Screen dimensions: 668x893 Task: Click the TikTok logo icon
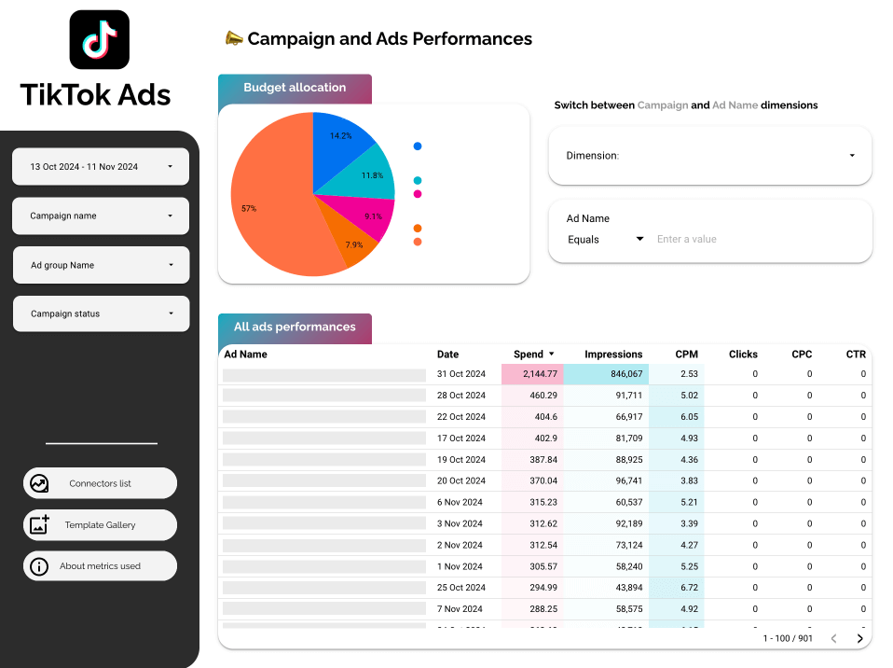(100, 39)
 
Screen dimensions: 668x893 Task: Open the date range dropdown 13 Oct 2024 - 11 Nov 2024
(101, 167)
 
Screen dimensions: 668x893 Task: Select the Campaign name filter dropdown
(101, 216)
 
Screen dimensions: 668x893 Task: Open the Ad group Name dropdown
(101, 265)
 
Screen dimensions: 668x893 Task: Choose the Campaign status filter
(101, 313)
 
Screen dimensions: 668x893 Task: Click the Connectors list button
(100, 483)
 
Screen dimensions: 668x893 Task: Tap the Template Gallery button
(100, 525)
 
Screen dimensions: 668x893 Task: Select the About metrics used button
(100, 566)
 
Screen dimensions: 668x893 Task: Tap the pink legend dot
(418, 194)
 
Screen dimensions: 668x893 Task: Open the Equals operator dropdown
(606, 240)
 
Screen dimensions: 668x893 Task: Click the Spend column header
(529, 355)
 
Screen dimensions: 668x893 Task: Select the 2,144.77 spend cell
(531, 374)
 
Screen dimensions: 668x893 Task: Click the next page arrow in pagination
(860, 639)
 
